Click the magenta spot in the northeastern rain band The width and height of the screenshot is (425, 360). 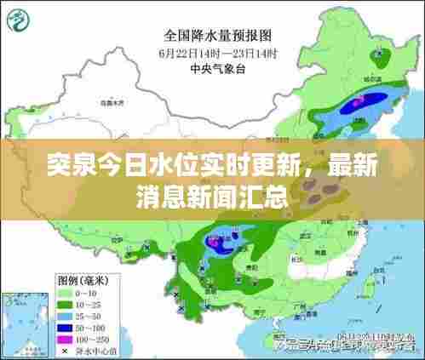tap(359, 100)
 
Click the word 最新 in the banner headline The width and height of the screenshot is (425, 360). tap(347, 167)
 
